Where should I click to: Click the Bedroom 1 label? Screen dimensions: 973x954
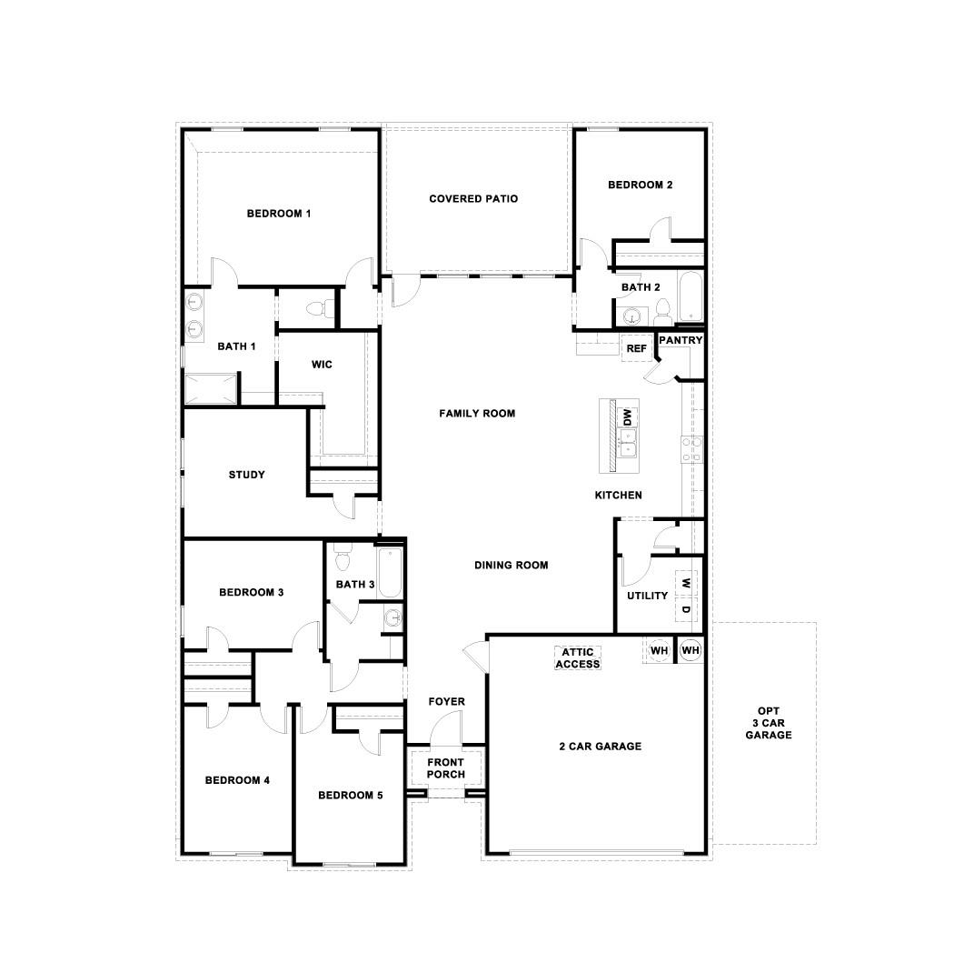click(279, 214)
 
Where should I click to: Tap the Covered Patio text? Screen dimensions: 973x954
click(473, 198)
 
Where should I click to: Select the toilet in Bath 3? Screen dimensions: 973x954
click(343, 554)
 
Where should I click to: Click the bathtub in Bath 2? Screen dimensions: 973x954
click(691, 297)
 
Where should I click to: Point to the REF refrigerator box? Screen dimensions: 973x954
click(636, 348)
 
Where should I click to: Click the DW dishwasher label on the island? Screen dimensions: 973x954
click(626, 417)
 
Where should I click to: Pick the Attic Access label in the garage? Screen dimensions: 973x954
click(579, 658)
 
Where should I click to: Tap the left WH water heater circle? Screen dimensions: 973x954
click(660, 651)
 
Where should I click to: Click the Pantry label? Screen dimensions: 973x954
click(681, 340)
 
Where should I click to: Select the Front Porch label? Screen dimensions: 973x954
click(446, 768)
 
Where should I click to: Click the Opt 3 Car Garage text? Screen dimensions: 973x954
click(769, 723)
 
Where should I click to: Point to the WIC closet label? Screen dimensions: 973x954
click(322, 365)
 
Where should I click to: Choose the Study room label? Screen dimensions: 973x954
click(246, 475)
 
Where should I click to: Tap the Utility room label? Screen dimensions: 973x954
click(647, 596)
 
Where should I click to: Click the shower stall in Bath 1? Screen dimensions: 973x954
click(212, 389)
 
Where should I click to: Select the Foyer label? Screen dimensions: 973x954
click(446, 702)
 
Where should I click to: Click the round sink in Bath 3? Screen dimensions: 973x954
click(393, 618)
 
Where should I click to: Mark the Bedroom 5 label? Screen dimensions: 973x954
click(350, 796)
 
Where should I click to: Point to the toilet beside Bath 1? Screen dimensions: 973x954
click(314, 309)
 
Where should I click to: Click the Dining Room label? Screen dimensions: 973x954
click(511, 565)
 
